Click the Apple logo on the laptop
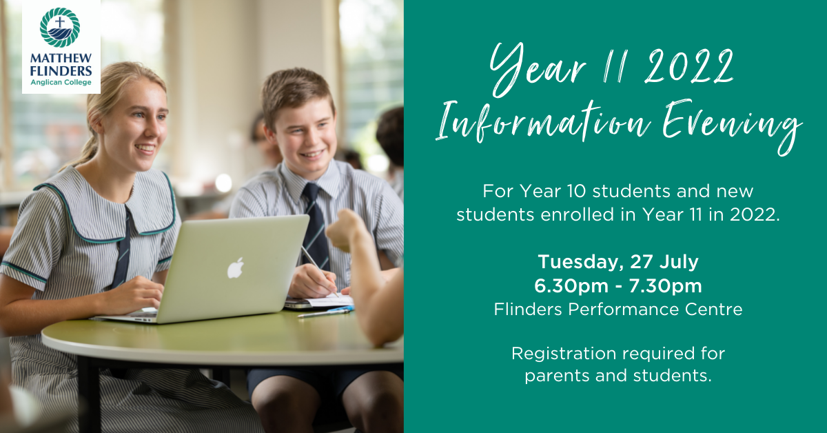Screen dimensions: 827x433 click(235, 268)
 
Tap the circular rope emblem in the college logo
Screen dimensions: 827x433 click(60, 28)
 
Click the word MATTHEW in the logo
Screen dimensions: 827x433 click(61, 59)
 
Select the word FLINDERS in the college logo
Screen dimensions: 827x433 click(61, 70)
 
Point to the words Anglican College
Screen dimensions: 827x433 click(61, 82)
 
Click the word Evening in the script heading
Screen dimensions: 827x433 click(732, 125)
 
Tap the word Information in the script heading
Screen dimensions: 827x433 click(543, 122)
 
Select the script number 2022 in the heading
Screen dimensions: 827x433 click(689, 66)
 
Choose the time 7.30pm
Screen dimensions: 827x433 click(665, 285)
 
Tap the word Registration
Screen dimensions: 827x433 click(564, 354)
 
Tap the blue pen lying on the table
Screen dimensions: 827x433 click(325, 312)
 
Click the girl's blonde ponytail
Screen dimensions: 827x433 click(88, 148)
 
